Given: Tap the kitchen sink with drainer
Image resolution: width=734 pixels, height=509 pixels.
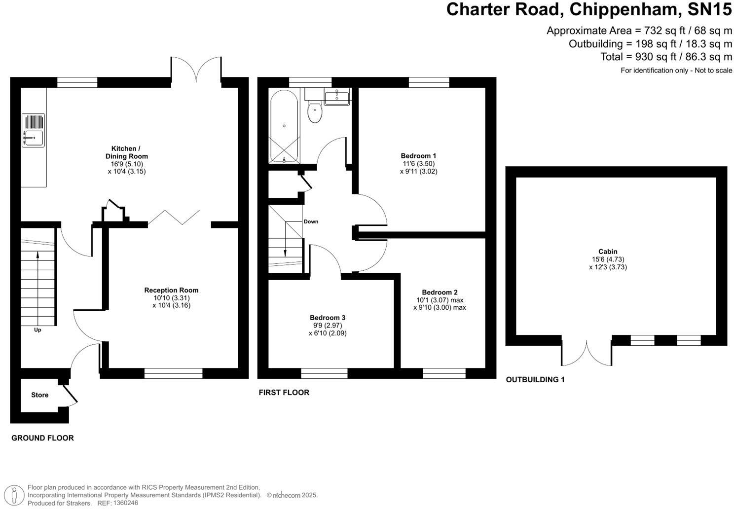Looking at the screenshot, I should click(x=33, y=131).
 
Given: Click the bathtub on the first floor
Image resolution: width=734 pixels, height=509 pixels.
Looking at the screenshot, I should click(x=284, y=126).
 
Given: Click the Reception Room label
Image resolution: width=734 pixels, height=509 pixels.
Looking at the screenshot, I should click(x=171, y=290).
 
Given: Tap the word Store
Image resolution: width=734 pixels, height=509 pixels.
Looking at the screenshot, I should click(x=40, y=395).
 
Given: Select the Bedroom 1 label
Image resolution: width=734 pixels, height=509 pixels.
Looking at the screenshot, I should click(x=418, y=156).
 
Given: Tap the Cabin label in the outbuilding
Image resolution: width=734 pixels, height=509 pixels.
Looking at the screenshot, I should click(x=608, y=252).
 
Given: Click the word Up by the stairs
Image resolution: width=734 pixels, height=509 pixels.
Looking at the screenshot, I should click(x=37, y=330).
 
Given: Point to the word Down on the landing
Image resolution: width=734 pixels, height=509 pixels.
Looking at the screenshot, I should click(x=311, y=221).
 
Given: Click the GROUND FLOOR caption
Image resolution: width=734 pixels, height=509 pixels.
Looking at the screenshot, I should click(x=42, y=438).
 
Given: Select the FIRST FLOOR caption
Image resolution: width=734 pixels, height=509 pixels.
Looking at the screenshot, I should click(x=284, y=393).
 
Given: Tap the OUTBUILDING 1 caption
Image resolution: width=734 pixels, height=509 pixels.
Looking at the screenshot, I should click(x=535, y=380).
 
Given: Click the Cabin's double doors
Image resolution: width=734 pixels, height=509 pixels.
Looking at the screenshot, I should click(x=587, y=351).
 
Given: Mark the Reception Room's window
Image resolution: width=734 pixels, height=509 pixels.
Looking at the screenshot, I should click(x=173, y=373).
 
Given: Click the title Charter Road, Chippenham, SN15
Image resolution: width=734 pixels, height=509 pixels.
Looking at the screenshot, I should click(x=589, y=10).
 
